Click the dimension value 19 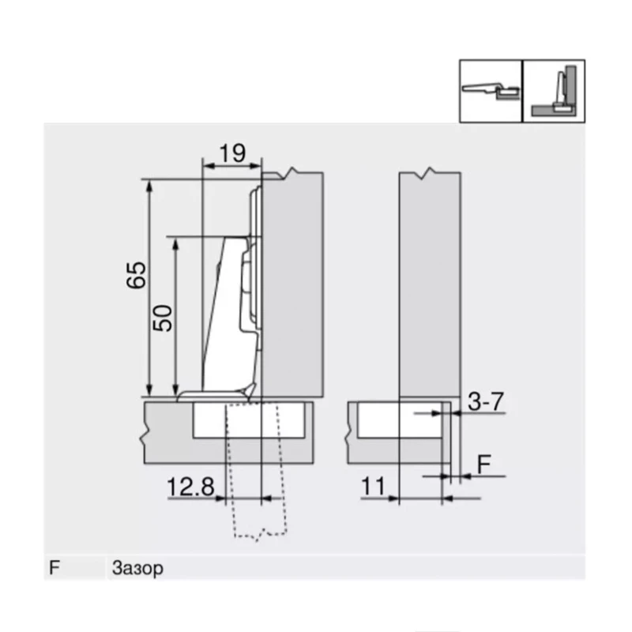pyautogui.click(x=231, y=152)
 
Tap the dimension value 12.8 pyautogui.click(x=190, y=488)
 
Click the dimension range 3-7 pyautogui.click(x=485, y=402)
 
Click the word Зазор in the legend pyautogui.click(x=137, y=568)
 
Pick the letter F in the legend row pyautogui.click(x=55, y=568)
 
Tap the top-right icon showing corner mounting pyautogui.click(x=554, y=91)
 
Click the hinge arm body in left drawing pyautogui.click(x=229, y=316)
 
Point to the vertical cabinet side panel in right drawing pyautogui.click(x=429, y=284)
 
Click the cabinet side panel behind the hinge pyautogui.click(x=292, y=284)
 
